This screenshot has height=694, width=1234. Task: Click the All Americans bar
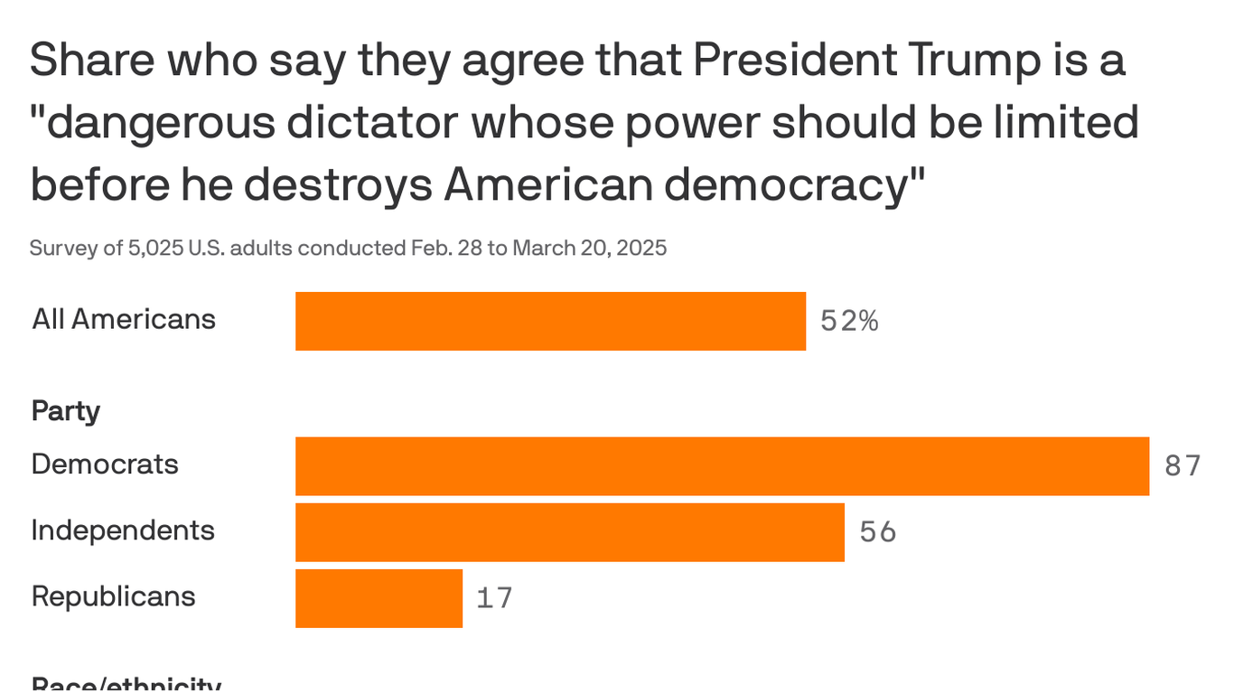point(550,321)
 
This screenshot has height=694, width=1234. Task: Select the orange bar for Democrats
point(722,466)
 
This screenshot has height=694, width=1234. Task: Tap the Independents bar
point(569,532)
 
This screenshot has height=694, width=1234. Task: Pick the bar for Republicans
point(379,598)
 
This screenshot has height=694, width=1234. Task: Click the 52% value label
point(849,321)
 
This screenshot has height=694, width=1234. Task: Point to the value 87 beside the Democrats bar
point(1183,466)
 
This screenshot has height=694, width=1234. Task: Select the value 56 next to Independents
point(877,532)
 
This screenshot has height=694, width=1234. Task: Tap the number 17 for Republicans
point(494,598)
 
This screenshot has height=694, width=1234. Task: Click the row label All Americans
point(124,319)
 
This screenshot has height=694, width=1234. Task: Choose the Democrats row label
point(105,464)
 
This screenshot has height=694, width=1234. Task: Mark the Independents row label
point(123,530)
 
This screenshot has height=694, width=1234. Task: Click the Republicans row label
point(113,596)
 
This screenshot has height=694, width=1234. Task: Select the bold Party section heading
point(65,412)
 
